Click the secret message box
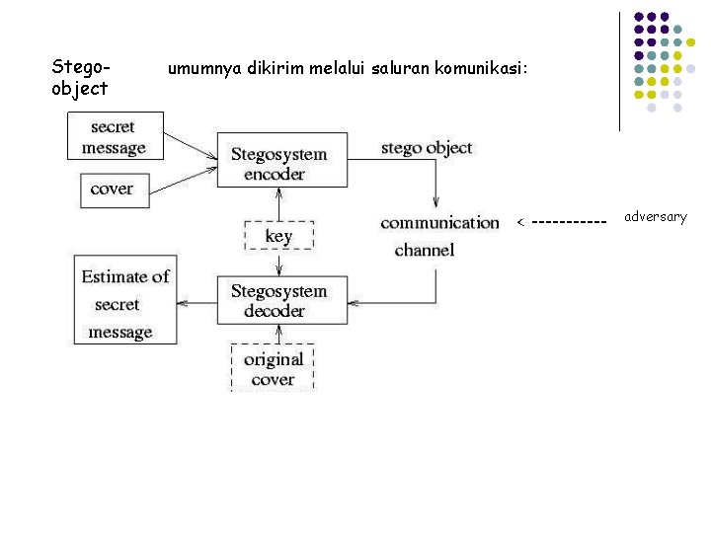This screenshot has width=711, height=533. [114, 137]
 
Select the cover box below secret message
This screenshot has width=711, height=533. [112, 189]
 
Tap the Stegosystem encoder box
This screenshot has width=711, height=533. [281, 160]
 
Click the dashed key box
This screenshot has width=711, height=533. [278, 236]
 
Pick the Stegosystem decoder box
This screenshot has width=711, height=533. [281, 300]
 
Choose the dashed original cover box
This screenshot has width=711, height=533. [273, 367]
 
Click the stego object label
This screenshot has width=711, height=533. [427, 148]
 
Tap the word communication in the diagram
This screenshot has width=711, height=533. [439, 222]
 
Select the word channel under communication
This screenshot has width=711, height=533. [425, 250]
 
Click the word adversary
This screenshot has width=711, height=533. [655, 216]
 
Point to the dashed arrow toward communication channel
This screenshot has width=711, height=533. [562, 222]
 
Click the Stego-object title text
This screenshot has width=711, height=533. [79, 77]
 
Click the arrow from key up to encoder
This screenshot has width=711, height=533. [280, 204]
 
